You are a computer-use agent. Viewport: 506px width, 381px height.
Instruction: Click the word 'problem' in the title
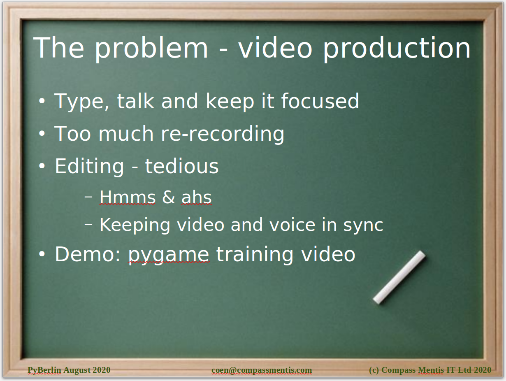151,49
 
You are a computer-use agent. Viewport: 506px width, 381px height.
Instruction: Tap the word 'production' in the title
397,49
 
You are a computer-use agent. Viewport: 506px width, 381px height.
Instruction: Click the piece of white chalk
399,277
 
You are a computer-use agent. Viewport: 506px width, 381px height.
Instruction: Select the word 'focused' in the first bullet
320,101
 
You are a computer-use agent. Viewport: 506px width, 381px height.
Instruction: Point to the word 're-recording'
223,134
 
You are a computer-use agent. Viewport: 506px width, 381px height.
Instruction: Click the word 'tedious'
182,166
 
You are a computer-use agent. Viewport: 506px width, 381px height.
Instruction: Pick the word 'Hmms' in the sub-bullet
128,197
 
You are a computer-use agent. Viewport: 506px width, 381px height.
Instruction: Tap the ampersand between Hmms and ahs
169,197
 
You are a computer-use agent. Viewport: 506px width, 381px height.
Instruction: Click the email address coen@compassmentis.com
262,370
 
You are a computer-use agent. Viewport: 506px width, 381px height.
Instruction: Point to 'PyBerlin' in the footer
44,370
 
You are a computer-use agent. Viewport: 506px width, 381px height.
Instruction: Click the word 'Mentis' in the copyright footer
431,370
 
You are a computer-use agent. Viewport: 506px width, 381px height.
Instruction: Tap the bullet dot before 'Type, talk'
42,101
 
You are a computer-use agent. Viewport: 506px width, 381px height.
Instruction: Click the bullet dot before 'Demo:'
42,254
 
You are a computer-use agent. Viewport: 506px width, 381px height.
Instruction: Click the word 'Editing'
89,167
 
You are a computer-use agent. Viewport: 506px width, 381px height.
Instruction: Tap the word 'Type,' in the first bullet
81,102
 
